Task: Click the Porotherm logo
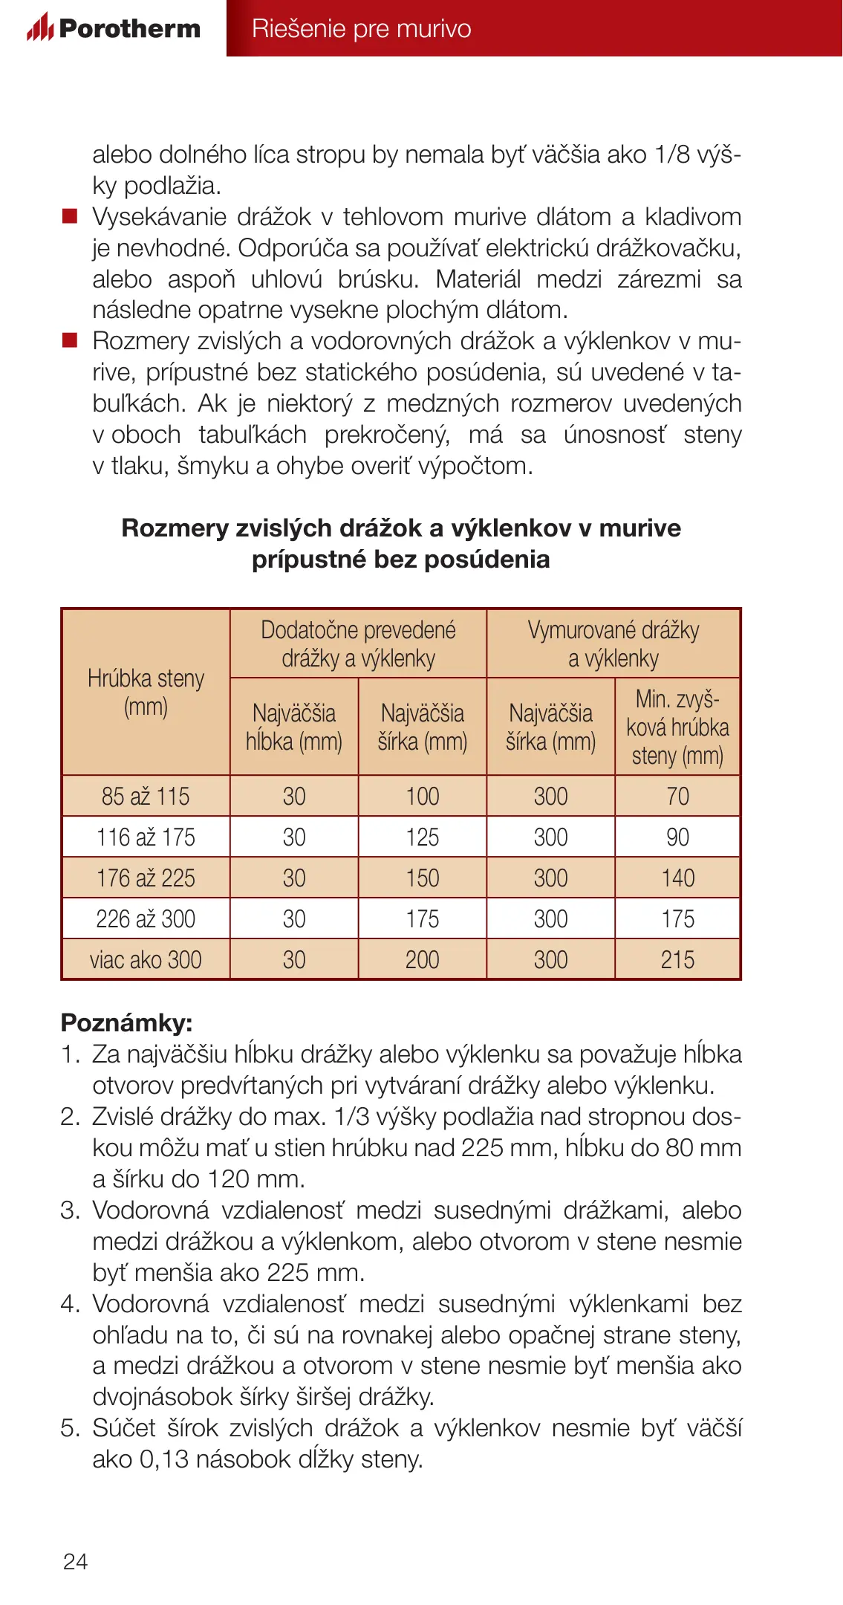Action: click(x=114, y=28)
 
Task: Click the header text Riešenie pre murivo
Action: click(x=361, y=28)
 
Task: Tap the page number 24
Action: click(x=75, y=1561)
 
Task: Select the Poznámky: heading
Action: click(x=126, y=1022)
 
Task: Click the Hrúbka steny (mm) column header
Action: click(x=146, y=692)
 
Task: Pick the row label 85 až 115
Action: click(x=146, y=797)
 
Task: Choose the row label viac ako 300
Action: click(x=146, y=960)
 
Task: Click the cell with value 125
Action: click(x=422, y=837)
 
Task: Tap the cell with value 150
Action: click(x=422, y=878)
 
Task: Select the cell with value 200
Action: click(x=422, y=960)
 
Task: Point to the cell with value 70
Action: click(x=677, y=797)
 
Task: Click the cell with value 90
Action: click(x=677, y=837)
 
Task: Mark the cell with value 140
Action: click(x=677, y=878)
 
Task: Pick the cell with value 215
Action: click(x=677, y=960)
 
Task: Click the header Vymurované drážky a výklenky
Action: click(x=613, y=644)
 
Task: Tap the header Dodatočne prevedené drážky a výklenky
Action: click(x=358, y=644)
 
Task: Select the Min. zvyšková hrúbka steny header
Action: click(x=677, y=727)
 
